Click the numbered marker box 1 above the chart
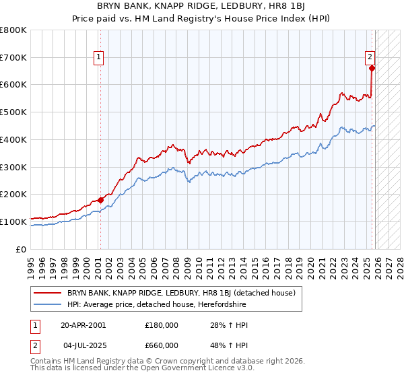coord(99,57)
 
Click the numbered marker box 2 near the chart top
coord(370,57)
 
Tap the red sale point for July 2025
coord(372,67)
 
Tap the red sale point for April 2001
coord(100,200)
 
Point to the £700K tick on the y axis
coord(14,57)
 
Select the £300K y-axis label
coord(14,167)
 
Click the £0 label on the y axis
coord(22,249)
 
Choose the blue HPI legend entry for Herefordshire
coord(157,305)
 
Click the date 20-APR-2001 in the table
coord(83,325)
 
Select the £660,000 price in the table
coord(162,345)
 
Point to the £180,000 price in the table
coord(162,325)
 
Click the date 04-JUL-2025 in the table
coord(85,345)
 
